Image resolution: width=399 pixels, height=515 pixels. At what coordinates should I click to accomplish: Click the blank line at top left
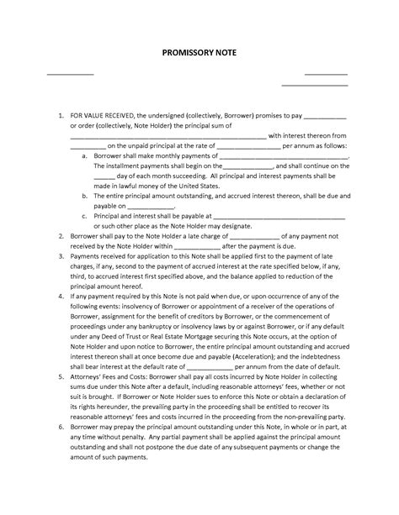pyautogui.click(x=69, y=75)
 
